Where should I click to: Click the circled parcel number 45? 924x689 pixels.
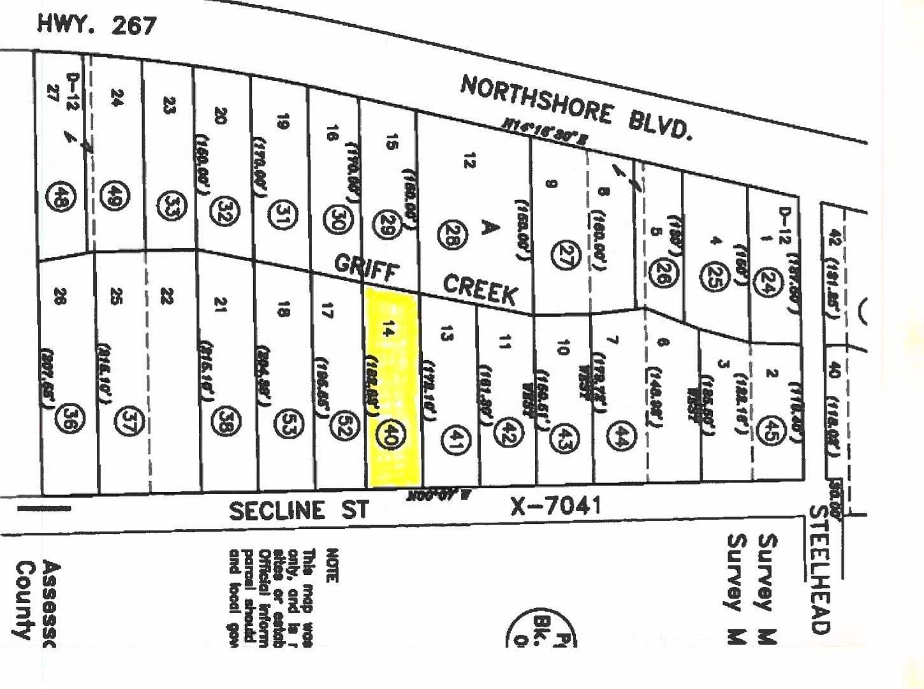coord(774,426)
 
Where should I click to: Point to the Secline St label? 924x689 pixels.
coord(299,511)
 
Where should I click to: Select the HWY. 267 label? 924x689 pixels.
coord(97,24)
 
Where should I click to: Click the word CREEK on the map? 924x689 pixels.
coord(480,291)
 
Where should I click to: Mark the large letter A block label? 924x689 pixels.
coord(488,227)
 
